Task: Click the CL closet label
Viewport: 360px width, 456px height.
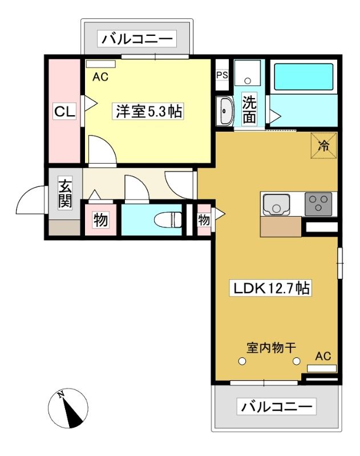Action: pyautogui.click(x=64, y=111)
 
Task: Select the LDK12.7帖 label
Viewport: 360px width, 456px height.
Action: pyautogui.click(x=270, y=288)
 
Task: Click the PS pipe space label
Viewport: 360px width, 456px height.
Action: pyautogui.click(x=222, y=75)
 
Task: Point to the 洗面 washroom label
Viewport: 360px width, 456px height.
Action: pyautogui.click(x=250, y=109)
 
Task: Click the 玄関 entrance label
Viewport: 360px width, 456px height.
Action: pyautogui.click(x=65, y=193)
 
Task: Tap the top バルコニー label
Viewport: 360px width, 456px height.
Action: pyautogui.click(x=137, y=39)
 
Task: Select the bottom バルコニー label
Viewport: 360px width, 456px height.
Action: pyautogui.click(x=277, y=406)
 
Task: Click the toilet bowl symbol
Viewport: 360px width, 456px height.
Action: pyautogui.click(x=168, y=219)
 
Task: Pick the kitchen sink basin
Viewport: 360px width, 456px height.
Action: pyautogui.click(x=276, y=205)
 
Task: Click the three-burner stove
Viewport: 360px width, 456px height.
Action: pyautogui.click(x=318, y=204)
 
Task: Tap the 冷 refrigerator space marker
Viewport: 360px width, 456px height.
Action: pyautogui.click(x=323, y=146)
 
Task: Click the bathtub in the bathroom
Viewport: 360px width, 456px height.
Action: pyautogui.click(x=304, y=77)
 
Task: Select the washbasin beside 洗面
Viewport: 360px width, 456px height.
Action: pyautogui.click(x=225, y=111)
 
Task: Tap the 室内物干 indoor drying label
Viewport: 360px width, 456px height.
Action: pyautogui.click(x=271, y=348)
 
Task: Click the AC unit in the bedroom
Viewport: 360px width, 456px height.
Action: pyautogui.click(x=100, y=64)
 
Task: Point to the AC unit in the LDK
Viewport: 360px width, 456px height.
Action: pyautogui.click(x=322, y=369)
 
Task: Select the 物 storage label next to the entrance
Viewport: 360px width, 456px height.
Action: pyautogui.click(x=100, y=220)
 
